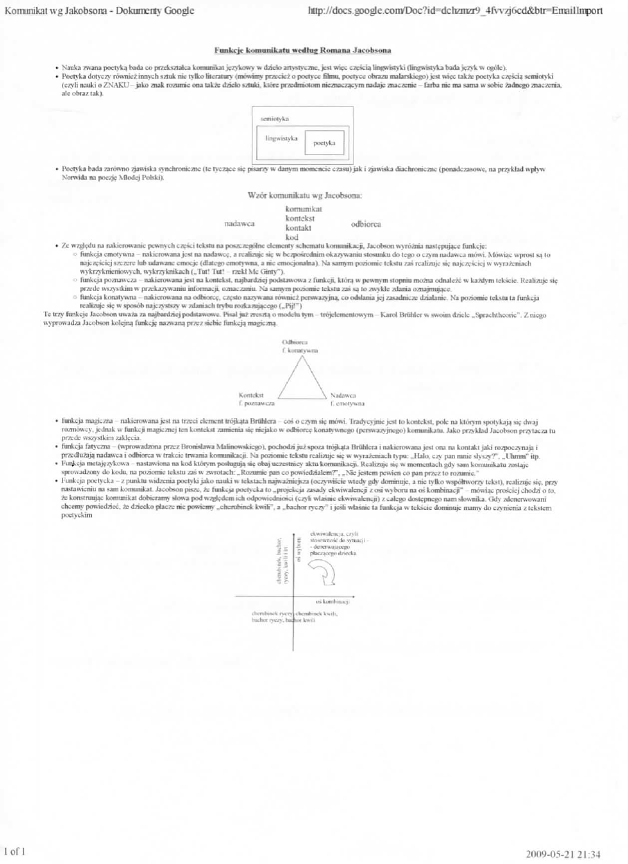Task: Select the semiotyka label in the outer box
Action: (275, 120)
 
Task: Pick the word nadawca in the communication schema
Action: (240, 224)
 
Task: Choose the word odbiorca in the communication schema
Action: (367, 224)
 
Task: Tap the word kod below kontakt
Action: (291, 237)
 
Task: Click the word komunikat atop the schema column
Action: (300, 208)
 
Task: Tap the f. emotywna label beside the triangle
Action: (348, 402)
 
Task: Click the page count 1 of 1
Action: (15, 852)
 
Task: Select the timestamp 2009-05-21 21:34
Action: (564, 854)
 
